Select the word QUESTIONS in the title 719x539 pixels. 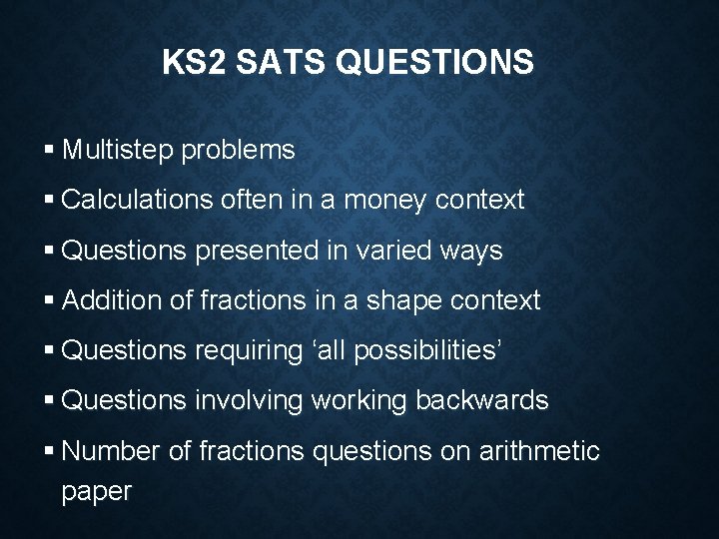pyautogui.click(x=435, y=63)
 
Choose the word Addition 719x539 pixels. pyautogui.click(x=110, y=300)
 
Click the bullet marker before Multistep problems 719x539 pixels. pyautogui.click(x=50, y=151)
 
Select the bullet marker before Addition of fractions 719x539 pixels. pyautogui.click(x=50, y=300)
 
